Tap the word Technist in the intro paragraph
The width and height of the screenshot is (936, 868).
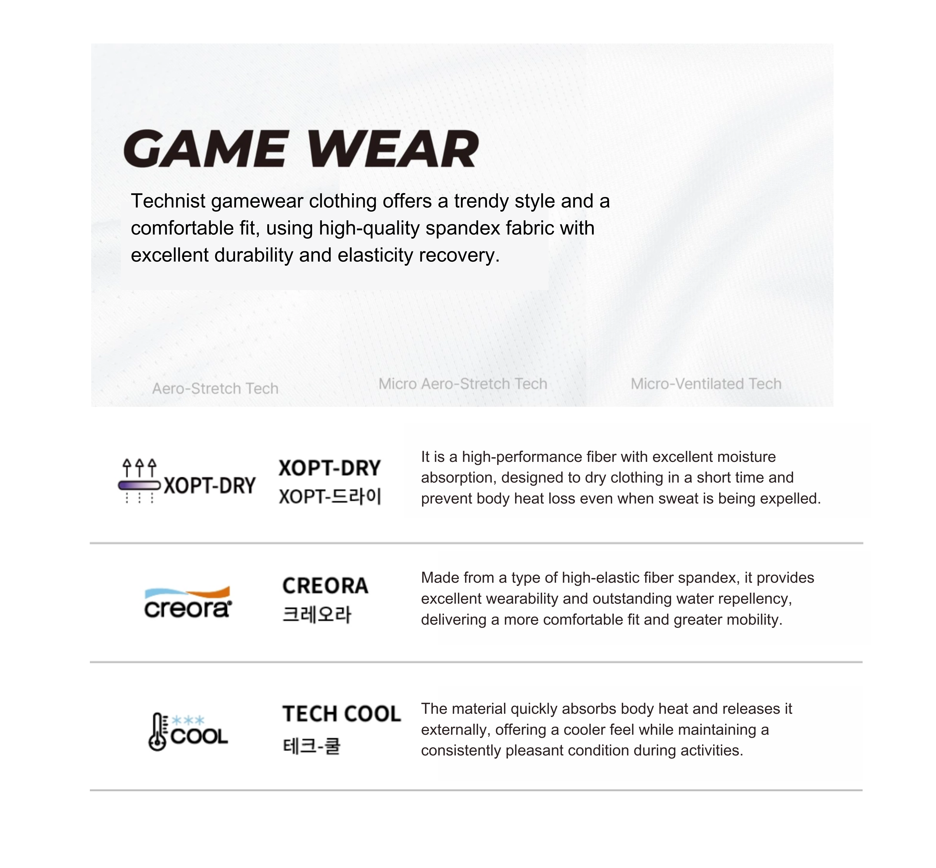[x=168, y=201]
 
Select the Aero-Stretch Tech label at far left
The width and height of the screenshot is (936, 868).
[x=215, y=388]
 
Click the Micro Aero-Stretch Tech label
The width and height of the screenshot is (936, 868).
[x=463, y=384]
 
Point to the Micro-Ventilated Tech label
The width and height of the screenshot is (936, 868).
[x=705, y=384]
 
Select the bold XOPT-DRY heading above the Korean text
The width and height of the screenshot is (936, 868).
[x=329, y=468]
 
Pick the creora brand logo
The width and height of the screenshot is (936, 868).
[x=188, y=603]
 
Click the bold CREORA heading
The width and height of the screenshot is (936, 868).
[x=325, y=586]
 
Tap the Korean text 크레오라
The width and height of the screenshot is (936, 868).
[x=316, y=614]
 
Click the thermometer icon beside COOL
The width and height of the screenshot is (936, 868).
[x=157, y=732]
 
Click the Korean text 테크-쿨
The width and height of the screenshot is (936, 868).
[x=311, y=746]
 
